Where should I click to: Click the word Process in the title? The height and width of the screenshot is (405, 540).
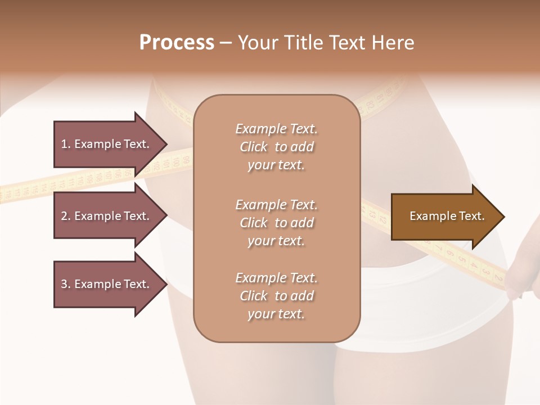click(177, 43)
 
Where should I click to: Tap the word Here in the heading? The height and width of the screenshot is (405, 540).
click(392, 43)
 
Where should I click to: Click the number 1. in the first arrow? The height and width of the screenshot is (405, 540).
click(66, 144)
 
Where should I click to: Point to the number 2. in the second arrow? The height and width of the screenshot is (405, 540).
click(66, 216)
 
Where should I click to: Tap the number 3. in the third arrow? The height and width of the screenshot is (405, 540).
click(66, 284)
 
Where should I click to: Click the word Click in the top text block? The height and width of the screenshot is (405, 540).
click(254, 147)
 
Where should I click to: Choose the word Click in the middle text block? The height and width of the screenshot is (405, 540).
click(254, 223)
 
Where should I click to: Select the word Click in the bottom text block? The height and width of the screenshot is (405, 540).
click(254, 296)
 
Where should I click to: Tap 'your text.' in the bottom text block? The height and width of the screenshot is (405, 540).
click(276, 314)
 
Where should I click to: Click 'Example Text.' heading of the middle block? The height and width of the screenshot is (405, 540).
click(276, 205)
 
